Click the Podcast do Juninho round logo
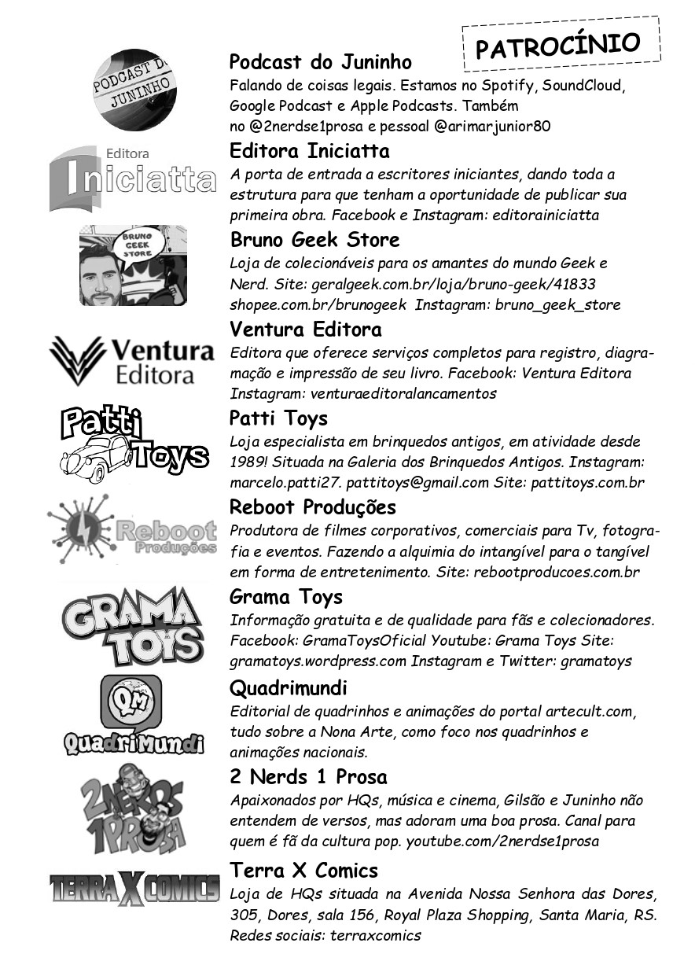coord(133,90)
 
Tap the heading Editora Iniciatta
coord(309,150)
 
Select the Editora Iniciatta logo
coord(132,179)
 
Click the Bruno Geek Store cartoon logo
coord(133,265)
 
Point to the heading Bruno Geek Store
coord(314,239)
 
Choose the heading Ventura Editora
coord(305,329)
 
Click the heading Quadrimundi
coord(288,688)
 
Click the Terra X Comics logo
coord(134,889)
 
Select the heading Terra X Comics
coord(303,871)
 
